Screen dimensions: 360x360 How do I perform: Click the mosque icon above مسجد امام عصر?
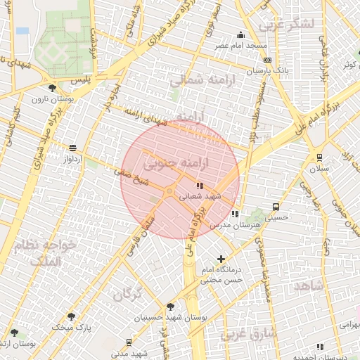(x=241, y=35)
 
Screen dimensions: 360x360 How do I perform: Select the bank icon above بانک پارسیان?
(x=266, y=60)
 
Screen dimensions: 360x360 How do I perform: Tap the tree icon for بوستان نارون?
(x=52, y=88)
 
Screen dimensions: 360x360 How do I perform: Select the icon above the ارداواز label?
(x=73, y=148)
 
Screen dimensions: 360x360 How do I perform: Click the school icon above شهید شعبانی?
(x=200, y=186)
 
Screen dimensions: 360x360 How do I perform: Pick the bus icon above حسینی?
(x=276, y=207)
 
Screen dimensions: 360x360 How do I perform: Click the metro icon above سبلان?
(x=320, y=158)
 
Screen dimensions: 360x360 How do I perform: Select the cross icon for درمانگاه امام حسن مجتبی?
(x=222, y=259)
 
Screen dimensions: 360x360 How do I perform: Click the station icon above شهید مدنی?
(x=129, y=342)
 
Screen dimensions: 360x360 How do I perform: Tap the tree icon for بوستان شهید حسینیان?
(x=170, y=307)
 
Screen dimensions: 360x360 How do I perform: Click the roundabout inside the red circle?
(x=169, y=191)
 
